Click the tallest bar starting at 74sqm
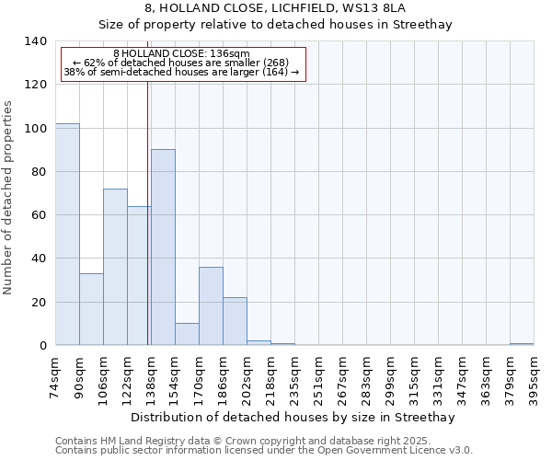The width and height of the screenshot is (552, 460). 67,235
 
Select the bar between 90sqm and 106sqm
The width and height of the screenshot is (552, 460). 91,309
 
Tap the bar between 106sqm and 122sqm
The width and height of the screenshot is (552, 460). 115,267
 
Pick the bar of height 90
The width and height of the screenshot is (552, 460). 163,247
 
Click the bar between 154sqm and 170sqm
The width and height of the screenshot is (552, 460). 187,334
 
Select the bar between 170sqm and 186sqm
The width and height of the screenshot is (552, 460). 211,306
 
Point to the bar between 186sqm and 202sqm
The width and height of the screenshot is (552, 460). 235,321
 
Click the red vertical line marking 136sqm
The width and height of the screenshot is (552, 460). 148,212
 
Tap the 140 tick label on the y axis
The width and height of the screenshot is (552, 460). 36,41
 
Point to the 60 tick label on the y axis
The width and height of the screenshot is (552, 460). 40,215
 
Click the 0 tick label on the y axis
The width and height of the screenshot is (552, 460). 43,346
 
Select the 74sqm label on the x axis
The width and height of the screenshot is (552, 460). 55,377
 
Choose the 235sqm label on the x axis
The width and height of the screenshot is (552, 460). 294,377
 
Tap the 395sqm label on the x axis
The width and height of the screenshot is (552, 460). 534,377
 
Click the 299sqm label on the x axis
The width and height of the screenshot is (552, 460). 390,377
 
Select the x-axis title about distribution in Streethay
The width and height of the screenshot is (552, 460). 293,417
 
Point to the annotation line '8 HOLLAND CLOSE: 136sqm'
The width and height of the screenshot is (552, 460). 181,54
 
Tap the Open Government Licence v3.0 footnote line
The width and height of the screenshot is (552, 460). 264,450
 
